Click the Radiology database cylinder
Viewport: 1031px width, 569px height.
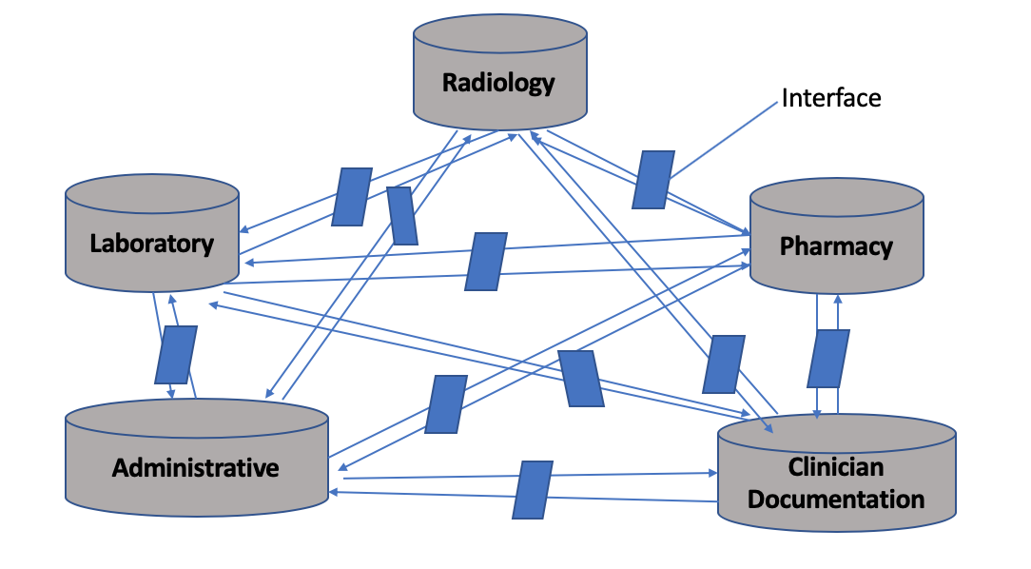click(499, 76)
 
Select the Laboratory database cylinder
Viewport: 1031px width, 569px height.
click(152, 238)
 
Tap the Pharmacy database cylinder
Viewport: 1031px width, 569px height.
click(836, 243)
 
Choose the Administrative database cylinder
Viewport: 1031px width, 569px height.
click(196, 462)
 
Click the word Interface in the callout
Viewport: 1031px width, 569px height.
click(831, 98)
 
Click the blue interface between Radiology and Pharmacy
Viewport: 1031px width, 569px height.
click(653, 179)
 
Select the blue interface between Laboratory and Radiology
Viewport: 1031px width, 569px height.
click(351, 197)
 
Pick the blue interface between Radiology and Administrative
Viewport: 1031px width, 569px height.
click(402, 216)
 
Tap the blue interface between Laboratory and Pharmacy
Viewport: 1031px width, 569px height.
click(485, 262)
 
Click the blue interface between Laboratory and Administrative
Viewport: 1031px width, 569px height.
click(176, 356)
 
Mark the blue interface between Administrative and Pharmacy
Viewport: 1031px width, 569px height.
click(445, 403)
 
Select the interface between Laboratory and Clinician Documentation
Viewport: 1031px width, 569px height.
click(580, 379)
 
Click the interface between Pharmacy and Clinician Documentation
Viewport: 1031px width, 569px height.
click(827, 359)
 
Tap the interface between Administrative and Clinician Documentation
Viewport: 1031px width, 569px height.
click(533, 489)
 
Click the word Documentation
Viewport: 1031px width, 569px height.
click(836, 499)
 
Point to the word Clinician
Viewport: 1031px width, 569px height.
click(836, 467)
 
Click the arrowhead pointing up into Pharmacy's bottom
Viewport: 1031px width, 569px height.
click(838, 298)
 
